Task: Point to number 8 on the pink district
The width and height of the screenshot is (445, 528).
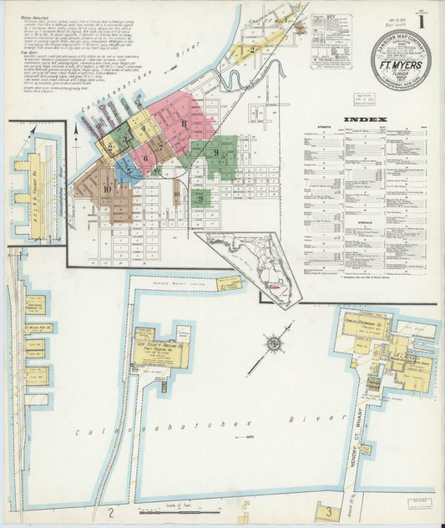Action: click(183, 123)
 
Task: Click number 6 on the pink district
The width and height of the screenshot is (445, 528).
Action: click(145, 156)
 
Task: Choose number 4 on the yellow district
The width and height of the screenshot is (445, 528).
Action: click(143, 129)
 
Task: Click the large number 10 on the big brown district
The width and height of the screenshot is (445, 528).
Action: click(108, 189)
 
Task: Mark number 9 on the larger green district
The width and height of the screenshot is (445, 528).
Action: click(215, 153)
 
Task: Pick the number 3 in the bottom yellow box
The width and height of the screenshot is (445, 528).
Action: click(329, 510)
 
